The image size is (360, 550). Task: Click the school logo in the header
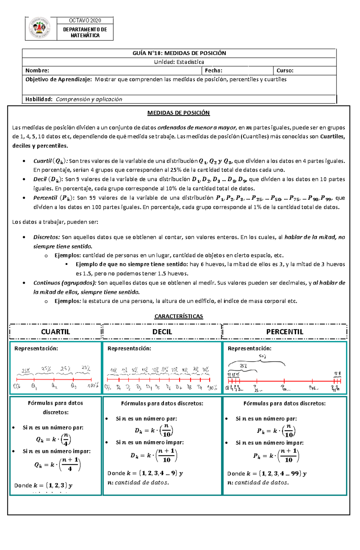tap(40, 28)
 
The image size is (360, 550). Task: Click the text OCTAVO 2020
tap(85, 20)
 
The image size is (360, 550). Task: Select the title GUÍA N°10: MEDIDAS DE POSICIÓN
tap(179, 53)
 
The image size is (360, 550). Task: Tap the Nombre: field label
tap(37, 70)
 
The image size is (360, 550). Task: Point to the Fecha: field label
tap(213, 70)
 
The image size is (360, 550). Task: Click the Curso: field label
tap(285, 70)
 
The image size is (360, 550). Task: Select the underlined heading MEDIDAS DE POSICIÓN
tap(178, 113)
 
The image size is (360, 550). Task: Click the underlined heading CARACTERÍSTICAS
tap(178, 316)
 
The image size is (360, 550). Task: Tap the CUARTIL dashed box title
tap(55, 332)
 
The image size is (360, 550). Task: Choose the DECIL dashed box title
tap(162, 332)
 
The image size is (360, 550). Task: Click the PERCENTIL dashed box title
tap(285, 332)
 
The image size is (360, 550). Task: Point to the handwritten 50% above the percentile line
tap(262, 356)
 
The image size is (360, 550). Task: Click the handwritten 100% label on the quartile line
tap(93, 386)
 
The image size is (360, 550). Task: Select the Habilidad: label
tap(39, 99)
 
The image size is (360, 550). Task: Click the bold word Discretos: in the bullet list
tap(46, 237)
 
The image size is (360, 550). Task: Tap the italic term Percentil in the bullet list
tap(45, 198)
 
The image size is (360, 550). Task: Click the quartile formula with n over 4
tap(53, 439)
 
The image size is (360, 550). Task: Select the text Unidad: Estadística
tap(179, 62)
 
